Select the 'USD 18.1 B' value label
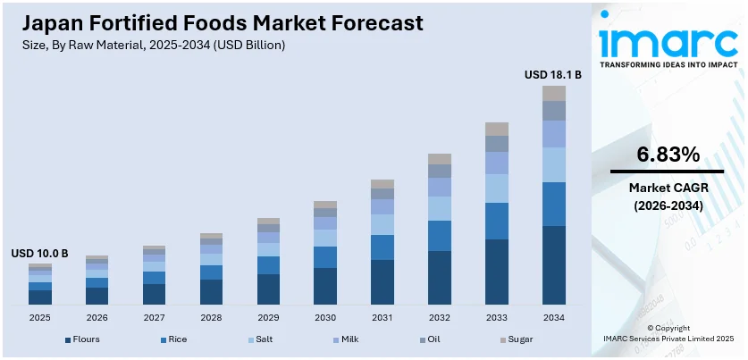[553, 75]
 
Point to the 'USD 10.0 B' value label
[39, 254]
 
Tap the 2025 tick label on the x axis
[39, 317]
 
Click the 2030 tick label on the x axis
[325, 317]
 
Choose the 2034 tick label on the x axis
[554, 317]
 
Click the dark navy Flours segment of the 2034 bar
[554, 264]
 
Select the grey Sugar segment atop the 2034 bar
[554, 93]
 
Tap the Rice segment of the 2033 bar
[497, 221]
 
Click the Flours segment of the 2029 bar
[268, 289]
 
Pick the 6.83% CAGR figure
[668, 154]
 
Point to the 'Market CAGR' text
[668, 188]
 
